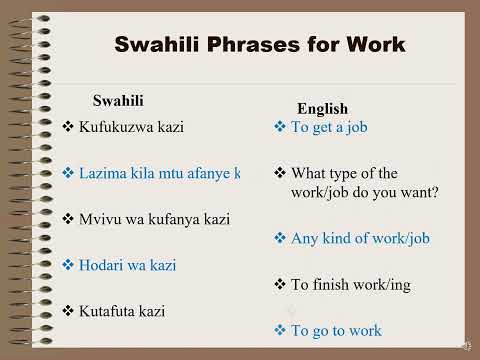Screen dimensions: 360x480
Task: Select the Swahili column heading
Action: tap(118, 100)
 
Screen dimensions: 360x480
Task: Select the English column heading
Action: tap(322, 109)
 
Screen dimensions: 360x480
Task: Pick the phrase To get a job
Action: tap(329, 127)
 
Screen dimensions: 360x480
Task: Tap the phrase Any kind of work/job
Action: tap(359, 238)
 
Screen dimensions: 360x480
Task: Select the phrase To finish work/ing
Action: tap(350, 285)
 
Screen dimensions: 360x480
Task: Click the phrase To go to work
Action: tap(335, 330)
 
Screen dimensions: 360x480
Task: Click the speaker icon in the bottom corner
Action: tap(465, 345)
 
